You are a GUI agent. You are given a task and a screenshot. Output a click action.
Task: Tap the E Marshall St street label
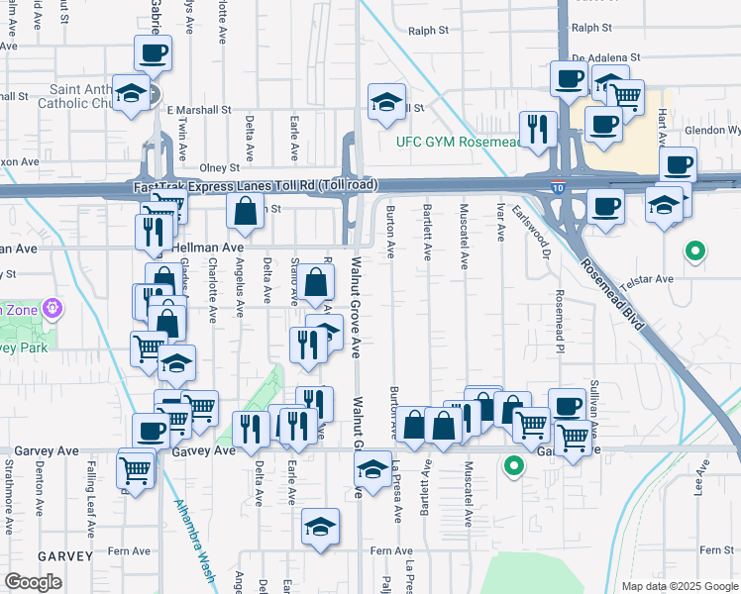198,109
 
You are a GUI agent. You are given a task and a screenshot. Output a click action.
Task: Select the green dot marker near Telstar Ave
695,252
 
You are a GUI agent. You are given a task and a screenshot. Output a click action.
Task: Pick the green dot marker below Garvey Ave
513,464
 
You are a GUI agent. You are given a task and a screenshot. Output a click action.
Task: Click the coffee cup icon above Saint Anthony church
153,52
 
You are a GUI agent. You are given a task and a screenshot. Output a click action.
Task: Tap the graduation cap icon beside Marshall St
385,100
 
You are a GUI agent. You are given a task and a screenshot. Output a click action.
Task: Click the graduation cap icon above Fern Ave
321,527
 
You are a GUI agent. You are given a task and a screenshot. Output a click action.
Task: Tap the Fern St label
715,549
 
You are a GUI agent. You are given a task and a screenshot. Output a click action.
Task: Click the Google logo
33,582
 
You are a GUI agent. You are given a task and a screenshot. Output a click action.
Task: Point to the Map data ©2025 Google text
679,586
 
